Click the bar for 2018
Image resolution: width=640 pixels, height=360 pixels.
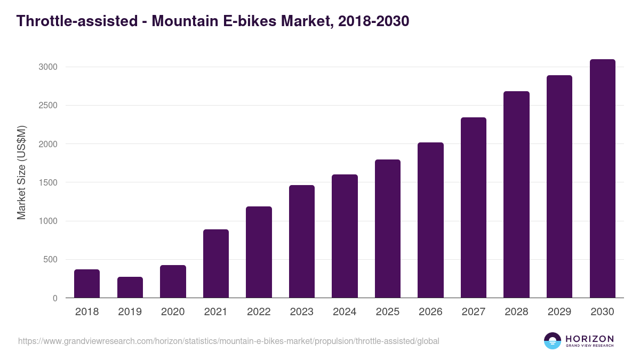click(87, 284)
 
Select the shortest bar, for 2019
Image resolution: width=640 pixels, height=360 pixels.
click(130, 287)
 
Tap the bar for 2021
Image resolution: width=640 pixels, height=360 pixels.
click(216, 263)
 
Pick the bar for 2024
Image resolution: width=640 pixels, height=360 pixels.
click(345, 236)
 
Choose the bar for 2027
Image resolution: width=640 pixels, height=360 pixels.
click(474, 207)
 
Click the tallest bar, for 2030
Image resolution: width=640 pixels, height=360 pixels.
click(602, 179)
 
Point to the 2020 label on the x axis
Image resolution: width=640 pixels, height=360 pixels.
click(173, 312)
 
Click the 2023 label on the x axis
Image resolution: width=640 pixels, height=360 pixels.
click(302, 312)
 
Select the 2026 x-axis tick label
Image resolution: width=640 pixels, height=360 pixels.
click(430, 312)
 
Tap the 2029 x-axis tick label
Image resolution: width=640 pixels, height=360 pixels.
click(559, 312)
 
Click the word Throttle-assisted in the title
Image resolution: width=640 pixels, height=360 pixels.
click(75, 21)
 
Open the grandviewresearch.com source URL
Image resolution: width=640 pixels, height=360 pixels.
click(229, 341)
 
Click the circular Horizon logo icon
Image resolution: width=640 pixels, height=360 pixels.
click(553, 341)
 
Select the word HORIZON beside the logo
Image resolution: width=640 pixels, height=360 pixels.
click(589, 339)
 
